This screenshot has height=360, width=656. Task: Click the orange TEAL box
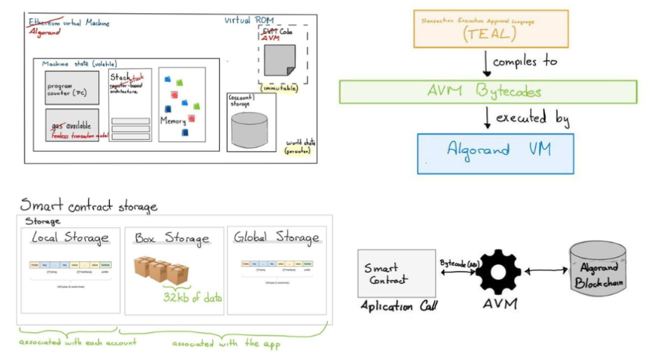(490, 29)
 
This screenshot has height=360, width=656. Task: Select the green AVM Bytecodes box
(488, 92)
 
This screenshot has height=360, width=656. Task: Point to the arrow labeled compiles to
(486, 63)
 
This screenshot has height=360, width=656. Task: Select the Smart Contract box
(386, 273)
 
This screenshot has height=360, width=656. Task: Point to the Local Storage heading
(71, 238)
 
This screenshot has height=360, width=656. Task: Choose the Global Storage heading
(277, 238)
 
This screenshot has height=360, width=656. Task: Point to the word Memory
(173, 121)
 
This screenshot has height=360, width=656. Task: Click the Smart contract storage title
(88, 205)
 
